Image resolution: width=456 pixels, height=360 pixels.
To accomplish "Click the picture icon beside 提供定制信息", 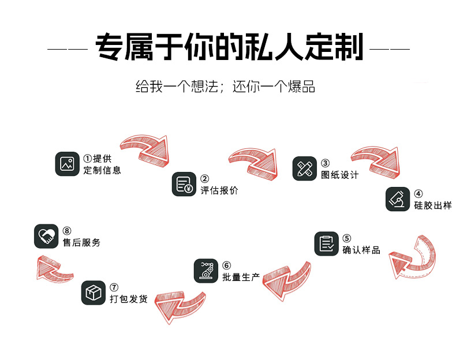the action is pyautogui.click(x=67, y=164).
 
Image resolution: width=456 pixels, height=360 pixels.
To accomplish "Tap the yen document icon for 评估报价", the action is pyautogui.click(x=184, y=184).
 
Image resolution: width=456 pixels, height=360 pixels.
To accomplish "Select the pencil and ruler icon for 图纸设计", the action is pyautogui.click(x=304, y=168).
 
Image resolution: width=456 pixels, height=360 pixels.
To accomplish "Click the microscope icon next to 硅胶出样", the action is pyautogui.click(x=398, y=199).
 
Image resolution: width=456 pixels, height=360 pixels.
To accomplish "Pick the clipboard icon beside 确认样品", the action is pyautogui.click(x=326, y=243).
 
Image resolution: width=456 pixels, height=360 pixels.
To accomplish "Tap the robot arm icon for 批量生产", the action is pyautogui.click(x=205, y=271).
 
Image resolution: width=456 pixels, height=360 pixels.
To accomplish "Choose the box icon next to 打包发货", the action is pyautogui.click(x=93, y=293).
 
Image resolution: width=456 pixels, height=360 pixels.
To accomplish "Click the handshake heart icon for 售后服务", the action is pyautogui.click(x=46, y=236).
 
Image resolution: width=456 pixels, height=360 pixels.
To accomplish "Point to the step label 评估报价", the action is pyautogui.click(x=219, y=190).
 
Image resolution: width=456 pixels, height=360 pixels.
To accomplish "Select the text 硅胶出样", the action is pyautogui.click(x=432, y=205).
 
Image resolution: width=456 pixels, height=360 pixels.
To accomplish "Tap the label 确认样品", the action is pyautogui.click(x=361, y=250).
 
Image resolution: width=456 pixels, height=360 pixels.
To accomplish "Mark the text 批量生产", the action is pyautogui.click(x=241, y=277).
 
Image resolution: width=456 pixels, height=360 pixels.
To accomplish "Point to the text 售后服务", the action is pyautogui.click(x=81, y=243).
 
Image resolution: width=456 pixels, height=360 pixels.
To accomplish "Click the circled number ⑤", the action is pyautogui.click(x=346, y=238).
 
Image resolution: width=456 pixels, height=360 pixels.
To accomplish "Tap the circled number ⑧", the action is pyautogui.click(x=67, y=231).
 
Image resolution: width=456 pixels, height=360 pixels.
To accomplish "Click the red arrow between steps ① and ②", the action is pyautogui.click(x=146, y=148).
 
